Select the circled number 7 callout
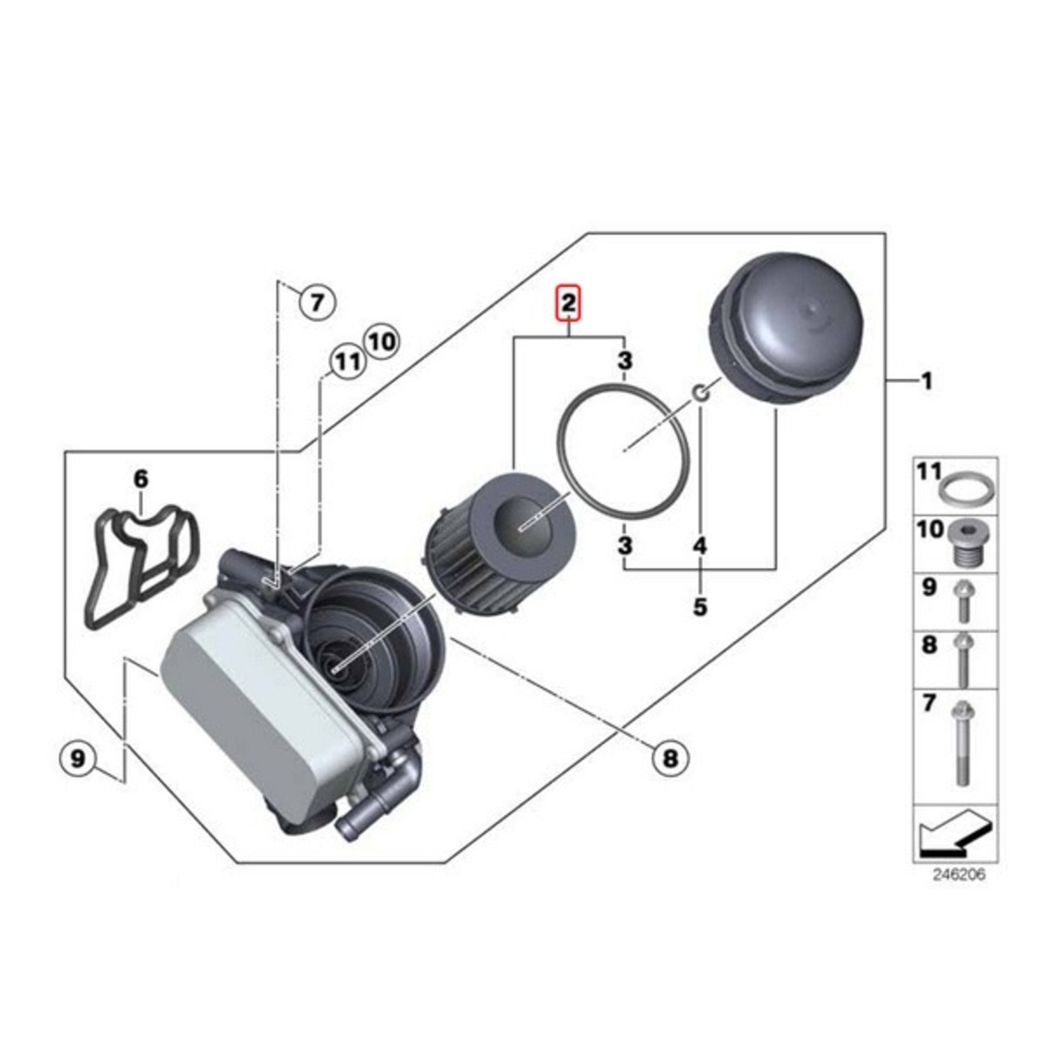(317, 302)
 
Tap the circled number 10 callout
(381, 341)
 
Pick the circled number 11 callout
(347, 362)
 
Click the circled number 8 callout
(670, 757)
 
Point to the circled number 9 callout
(78, 757)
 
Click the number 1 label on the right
(926, 380)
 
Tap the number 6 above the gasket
(140, 478)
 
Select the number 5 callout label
(700, 606)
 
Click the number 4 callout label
(700, 546)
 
